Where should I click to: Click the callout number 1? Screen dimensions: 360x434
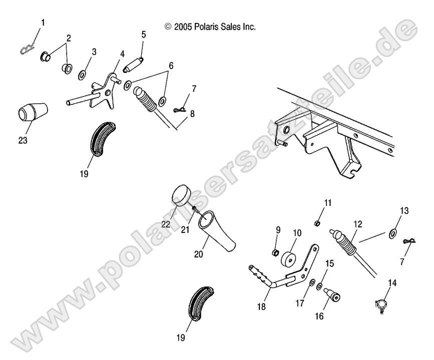[x=43, y=22]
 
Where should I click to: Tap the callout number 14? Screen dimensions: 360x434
[x=392, y=283]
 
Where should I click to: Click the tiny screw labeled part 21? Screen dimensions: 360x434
[x=194, y=209]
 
